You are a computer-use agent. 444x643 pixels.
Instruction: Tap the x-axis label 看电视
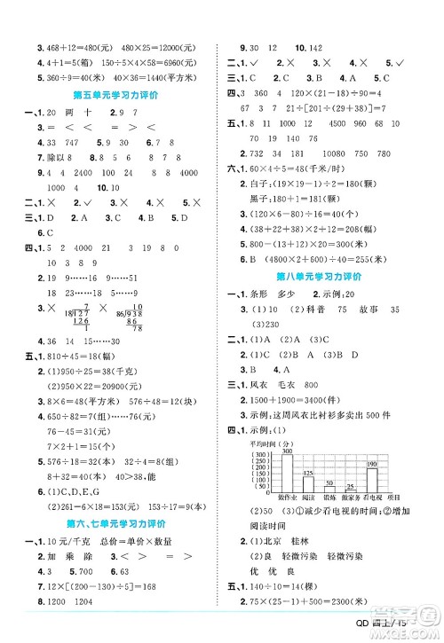pyautogui.click(x=374, y=498)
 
